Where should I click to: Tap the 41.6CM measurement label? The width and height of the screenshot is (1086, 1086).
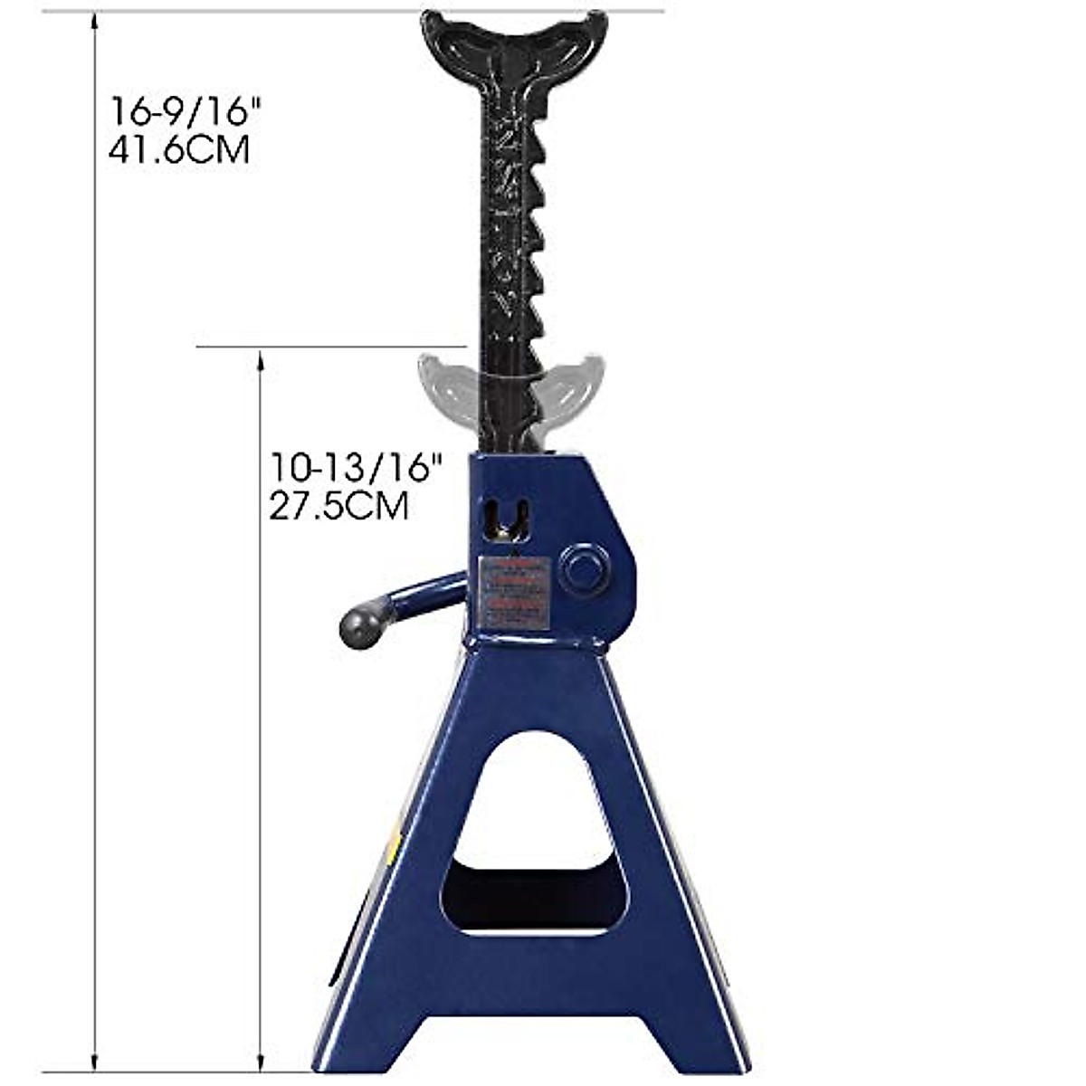point(179,150)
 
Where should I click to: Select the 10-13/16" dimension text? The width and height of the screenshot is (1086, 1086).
point(357,468)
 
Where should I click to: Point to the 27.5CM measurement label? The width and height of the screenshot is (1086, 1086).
point(338,506)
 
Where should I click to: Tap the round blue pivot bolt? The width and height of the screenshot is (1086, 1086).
point(585,567)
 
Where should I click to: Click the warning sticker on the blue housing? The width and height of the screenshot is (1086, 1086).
point(514,590)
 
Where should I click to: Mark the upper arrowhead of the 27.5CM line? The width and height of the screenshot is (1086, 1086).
point(261,357)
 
